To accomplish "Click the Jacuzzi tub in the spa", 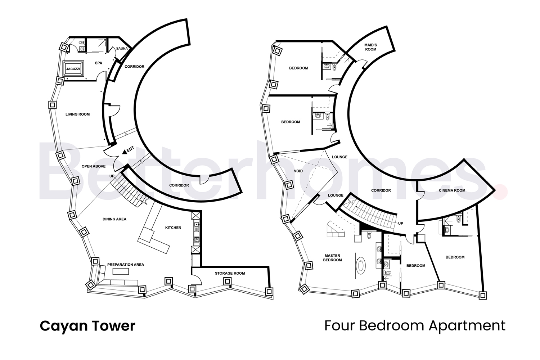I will coord(73,68).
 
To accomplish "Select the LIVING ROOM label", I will coord(77,114).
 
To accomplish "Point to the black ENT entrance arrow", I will coord(124,152).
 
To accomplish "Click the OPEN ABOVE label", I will coord(94,166).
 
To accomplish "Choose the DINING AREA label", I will coord(114,219).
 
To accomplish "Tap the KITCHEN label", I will coord(173,228).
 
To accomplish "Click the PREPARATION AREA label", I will coord(126,265).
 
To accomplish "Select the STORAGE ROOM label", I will coord(230,273).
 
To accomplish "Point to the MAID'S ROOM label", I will coord(370,47).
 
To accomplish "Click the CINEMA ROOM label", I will coord(452,190).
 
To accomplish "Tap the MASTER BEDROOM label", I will coord(332,258).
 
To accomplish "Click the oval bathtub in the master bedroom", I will coord(361,266).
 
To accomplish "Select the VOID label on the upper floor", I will coord(298,171).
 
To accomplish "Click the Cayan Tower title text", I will coord(87,326).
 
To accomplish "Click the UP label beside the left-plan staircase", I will coord(112,176).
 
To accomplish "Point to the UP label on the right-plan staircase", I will coord(401,224).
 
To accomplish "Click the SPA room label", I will coord(98,63).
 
